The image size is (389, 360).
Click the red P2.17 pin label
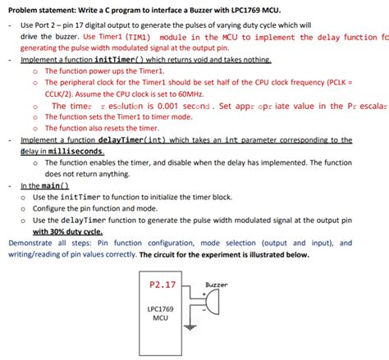[164, 286]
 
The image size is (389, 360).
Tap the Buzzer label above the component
[216, 285]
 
